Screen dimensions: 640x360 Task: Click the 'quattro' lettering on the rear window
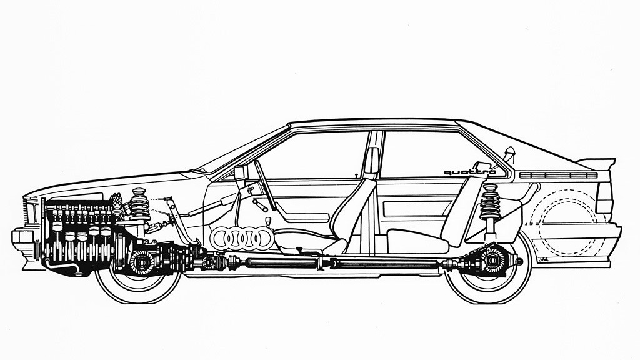469,172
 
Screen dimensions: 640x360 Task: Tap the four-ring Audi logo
241,237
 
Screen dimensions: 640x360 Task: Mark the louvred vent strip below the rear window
558,175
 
